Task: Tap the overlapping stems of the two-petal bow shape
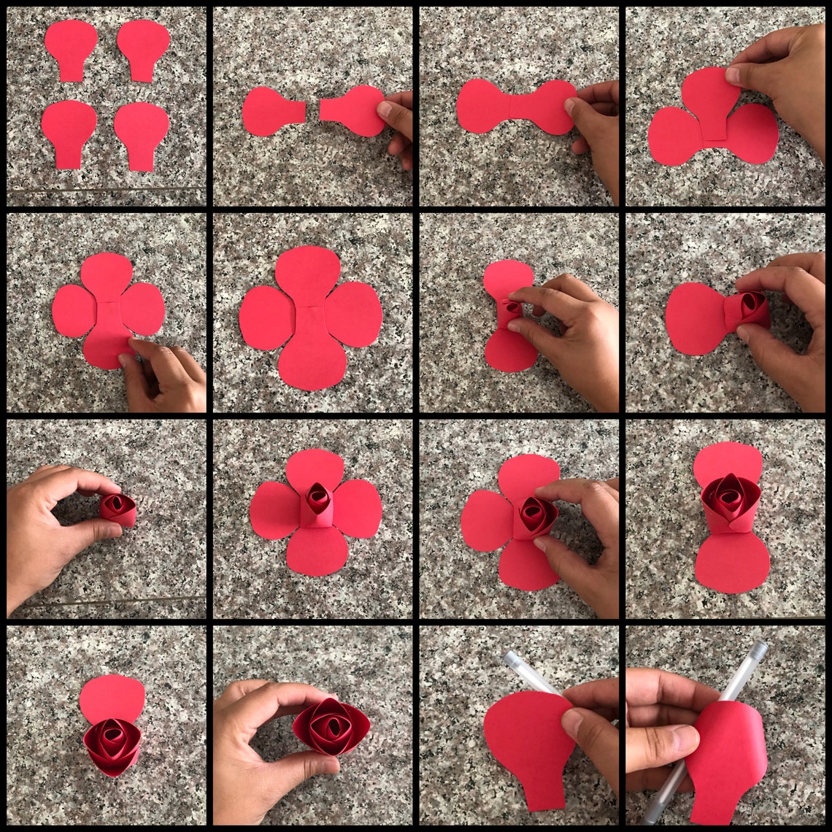pyautogui.click(x=517, y=107)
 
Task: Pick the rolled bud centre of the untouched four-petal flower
pyautogui.click(x=317, y=501)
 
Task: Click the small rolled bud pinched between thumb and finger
pyautogui.click(x=118, y=508)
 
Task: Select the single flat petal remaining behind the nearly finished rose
pyautogui.click(x=112, y=698)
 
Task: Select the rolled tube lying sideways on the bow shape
pyautogui.click(x=746, y=309)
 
